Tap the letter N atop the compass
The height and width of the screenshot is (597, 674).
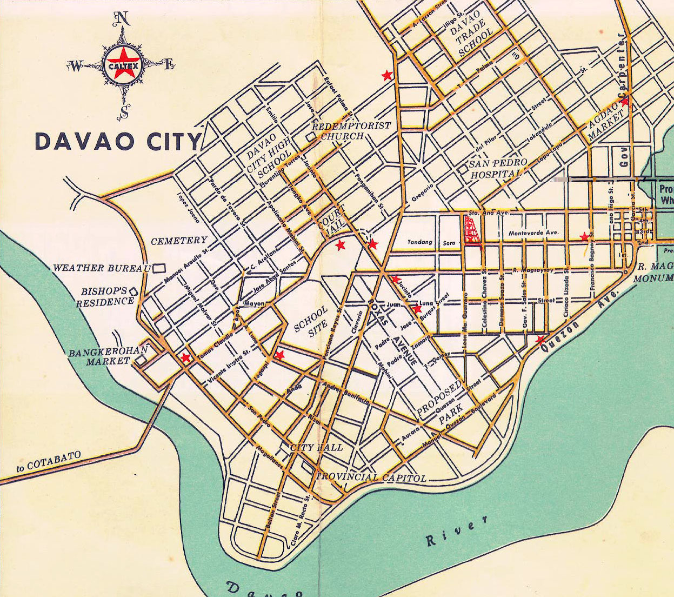(122, 19)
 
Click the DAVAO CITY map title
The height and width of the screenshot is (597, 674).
(118, 141)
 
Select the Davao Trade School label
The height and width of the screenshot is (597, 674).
(471, 34)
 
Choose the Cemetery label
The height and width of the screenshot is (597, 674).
(179, 241)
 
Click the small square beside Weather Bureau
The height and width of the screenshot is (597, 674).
(159, 268)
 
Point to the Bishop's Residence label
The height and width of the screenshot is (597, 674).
(104, 297)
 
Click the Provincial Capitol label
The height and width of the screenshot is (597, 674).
(371, 478)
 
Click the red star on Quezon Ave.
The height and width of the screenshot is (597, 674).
(539, 340)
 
